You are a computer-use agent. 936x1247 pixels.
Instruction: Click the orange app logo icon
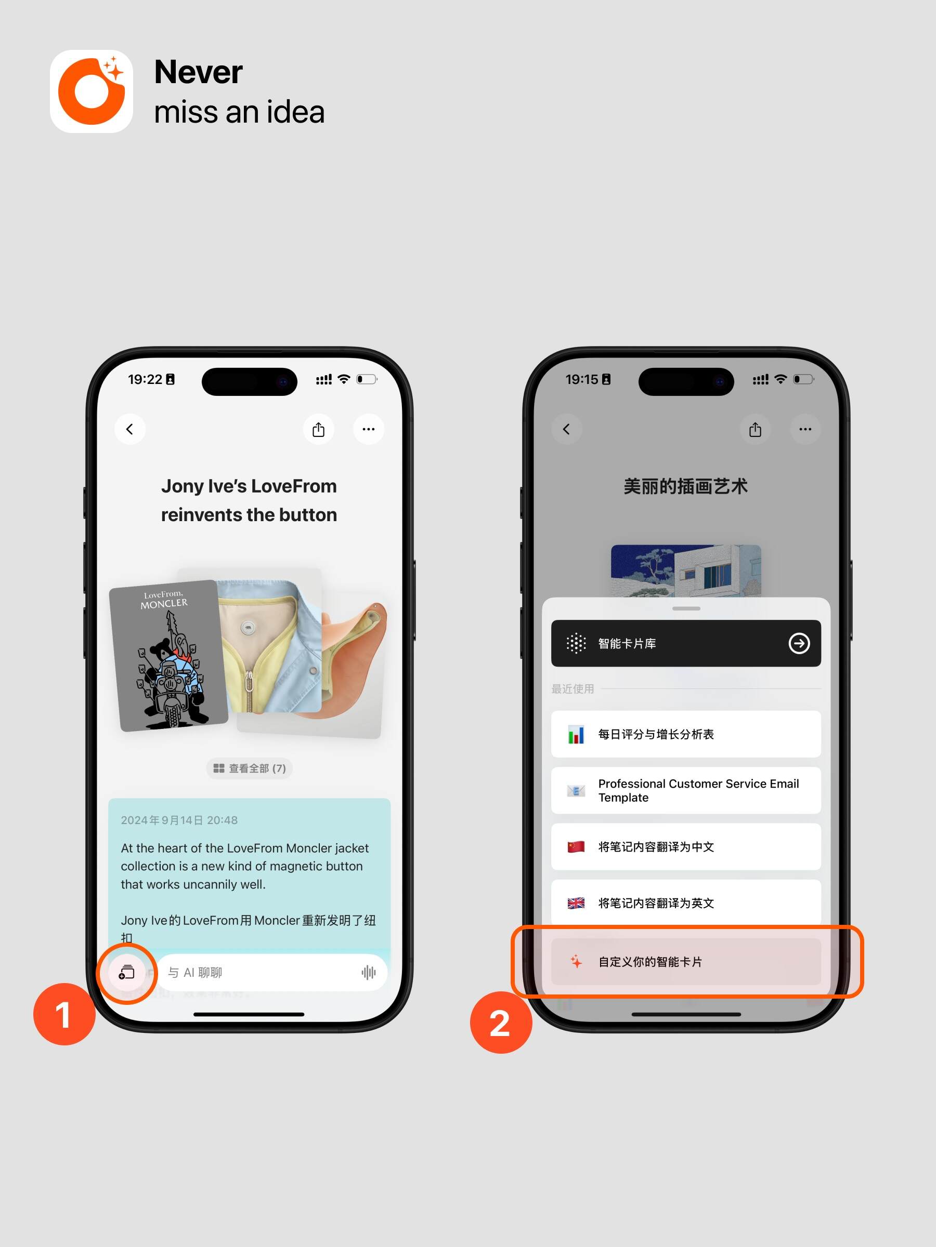click(92, 91)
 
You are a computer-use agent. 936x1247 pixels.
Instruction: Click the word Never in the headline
click(199, 72)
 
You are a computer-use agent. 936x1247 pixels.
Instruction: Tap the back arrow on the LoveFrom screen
click(130, 430)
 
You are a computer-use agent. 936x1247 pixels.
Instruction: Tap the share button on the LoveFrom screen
click(319, 430)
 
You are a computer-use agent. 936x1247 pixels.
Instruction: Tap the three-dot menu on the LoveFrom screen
click(368, 430)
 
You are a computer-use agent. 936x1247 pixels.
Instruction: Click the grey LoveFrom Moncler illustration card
click(168, 656)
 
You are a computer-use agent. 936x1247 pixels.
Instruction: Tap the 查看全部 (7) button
click(250, 768)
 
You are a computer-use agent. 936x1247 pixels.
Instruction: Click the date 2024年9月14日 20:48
click(179, 820)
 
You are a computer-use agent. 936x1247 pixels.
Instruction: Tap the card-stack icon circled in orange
click(127, 973)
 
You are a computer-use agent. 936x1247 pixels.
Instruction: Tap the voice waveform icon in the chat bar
click(368, 973)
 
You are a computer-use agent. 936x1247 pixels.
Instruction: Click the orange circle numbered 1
click(64, 1015)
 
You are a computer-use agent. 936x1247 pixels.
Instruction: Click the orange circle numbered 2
click(501, 1023)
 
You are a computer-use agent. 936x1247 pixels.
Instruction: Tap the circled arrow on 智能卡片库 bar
click(799, 643)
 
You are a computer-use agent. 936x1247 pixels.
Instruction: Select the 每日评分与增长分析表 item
click(686, 734)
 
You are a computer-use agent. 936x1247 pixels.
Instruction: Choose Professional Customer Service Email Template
click(686, 790)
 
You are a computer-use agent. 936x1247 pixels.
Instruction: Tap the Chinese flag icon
click(576, 847)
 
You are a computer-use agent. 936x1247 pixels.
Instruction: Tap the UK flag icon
click(576, 903)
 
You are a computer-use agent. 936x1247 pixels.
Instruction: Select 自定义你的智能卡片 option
click(686, 962)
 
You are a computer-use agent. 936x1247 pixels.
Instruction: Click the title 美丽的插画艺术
click(685, 486)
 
